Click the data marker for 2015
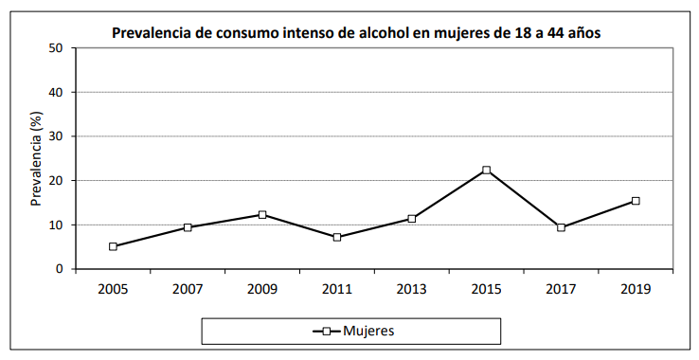point(486,171)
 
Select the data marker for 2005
point(113,246)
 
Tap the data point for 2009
point(262,215)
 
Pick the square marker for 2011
point(337,237)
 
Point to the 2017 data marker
point(561,227)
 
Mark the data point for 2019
point(636,201)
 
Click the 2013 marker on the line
point(412,219)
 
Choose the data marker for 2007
point(188,227)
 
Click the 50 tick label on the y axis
point(56,48)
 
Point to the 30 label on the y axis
point(56,136)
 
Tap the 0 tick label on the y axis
point(60,269)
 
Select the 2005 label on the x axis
point(113,289)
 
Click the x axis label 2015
point(486,289)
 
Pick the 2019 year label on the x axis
point(636,289)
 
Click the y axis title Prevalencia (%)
point(36,158)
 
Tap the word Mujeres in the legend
point(369,331)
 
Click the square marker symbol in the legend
point(326,331)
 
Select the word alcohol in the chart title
point(381,33)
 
